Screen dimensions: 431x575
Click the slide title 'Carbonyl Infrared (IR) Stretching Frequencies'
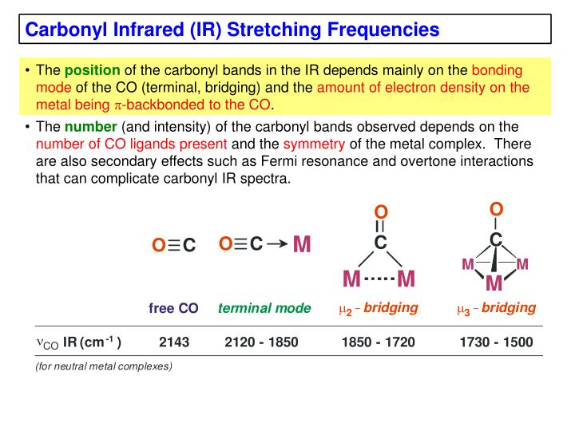click(232, 30)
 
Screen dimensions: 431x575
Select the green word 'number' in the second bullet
click(90, 127)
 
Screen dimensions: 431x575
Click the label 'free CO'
click(173, 309)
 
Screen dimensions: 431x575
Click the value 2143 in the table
click(174, 342)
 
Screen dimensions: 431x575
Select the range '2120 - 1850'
click(261, 342)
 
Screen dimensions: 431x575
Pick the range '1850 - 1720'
click(378, 342)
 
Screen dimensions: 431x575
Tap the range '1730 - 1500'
click(496, 342)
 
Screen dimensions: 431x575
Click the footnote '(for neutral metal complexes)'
click(104, 367)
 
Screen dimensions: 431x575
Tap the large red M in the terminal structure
click(301, 244)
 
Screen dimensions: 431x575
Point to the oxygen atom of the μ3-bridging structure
click(496, 209)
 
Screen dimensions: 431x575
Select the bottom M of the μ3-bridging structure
click(494, 284)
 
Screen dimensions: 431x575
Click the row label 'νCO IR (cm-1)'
click(80, 343)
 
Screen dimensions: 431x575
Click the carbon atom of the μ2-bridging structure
click(380, 243)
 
